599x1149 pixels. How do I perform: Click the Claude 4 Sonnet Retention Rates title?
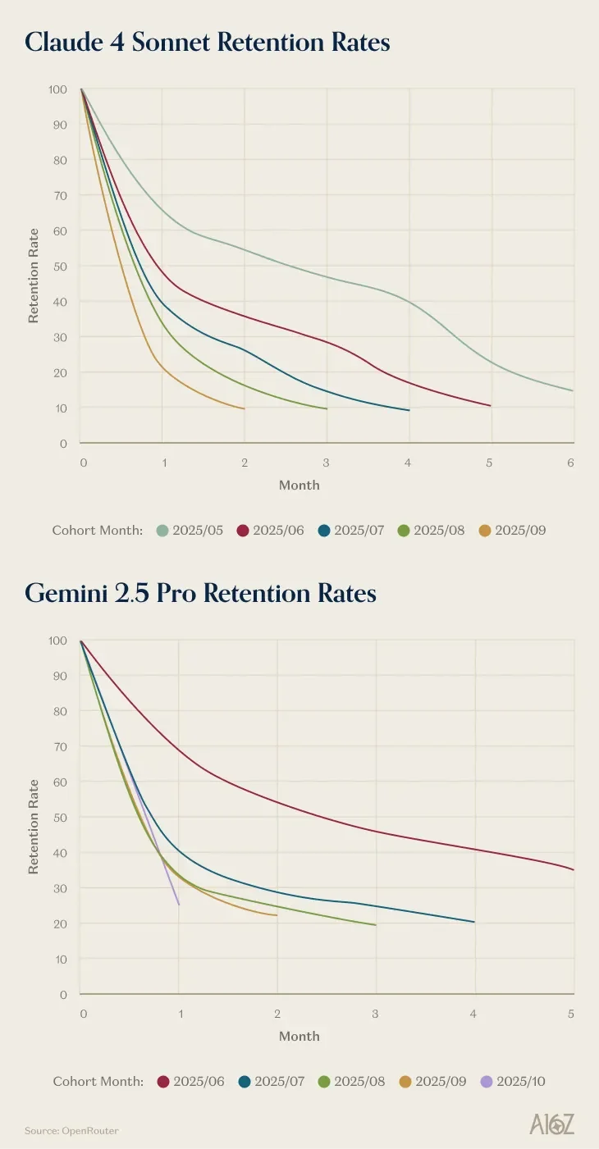[x=207, y=42]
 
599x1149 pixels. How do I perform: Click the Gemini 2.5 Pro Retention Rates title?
[x=200, y=593]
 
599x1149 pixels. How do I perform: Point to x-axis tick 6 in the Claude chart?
[x=570, y=463]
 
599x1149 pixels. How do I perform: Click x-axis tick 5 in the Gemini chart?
[x=570, y=1014]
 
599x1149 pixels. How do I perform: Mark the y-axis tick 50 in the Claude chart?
[x=59, y=267]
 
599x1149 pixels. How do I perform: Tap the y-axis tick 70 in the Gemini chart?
[x=59, y=746]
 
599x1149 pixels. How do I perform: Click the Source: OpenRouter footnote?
[x=71, y=1131]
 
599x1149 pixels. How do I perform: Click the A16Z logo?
[x=551, y=1124]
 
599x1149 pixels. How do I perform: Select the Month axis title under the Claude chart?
[x=299, y=485]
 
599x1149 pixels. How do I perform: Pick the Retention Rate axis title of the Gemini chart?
[x=34, y=826]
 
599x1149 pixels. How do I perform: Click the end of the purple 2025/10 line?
[x=179, y=905]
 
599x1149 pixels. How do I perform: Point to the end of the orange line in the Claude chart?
[x=245, y=408]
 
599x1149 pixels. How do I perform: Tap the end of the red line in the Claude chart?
[x=491, y=406]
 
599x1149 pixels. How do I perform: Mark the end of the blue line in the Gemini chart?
[x=474, y=922]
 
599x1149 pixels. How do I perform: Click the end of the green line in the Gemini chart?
[x=376, y=925]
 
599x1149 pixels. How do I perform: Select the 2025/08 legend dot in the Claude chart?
[x=404, y=530]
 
